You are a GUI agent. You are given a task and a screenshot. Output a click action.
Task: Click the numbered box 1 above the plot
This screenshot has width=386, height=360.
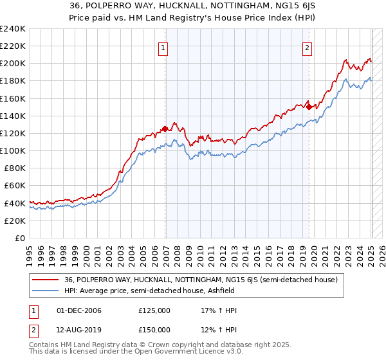(163, 48)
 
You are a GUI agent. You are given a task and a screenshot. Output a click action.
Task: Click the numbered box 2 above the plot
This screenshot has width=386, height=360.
(307, 48)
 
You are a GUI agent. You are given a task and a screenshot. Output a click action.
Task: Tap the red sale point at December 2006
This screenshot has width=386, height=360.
(165, 129)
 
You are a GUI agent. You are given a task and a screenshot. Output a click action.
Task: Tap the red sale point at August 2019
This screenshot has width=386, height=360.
(309, 107)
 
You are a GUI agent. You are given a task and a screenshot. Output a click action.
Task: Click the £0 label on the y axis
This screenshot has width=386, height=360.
(20, 238)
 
